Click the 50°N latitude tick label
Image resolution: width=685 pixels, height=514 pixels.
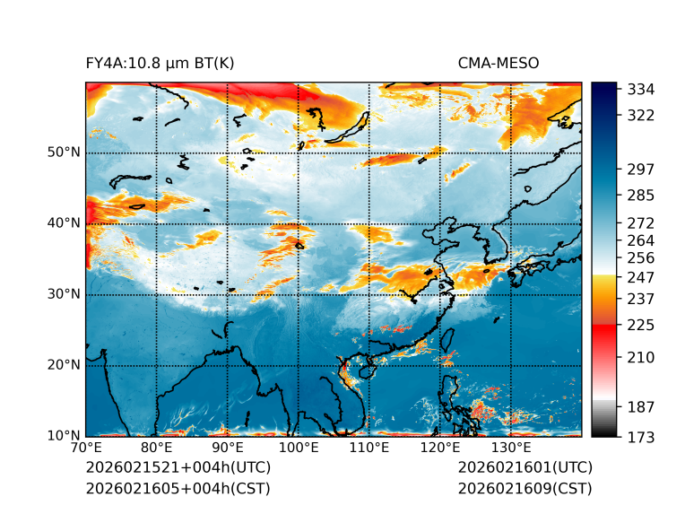point(64,152)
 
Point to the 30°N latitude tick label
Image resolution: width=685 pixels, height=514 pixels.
point(64,294)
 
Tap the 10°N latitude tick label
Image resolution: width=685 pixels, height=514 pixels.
point(64,436)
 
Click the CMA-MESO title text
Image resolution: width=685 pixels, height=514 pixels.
point(498,64)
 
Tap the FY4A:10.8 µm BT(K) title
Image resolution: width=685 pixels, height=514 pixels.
point(160,64)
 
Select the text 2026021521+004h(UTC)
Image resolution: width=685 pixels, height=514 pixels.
point(178,468)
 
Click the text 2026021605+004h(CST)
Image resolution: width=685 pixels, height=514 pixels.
point(178,488)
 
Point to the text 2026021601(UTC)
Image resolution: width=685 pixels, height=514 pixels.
point(525,468)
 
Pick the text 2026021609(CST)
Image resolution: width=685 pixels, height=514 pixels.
point(525,488)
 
